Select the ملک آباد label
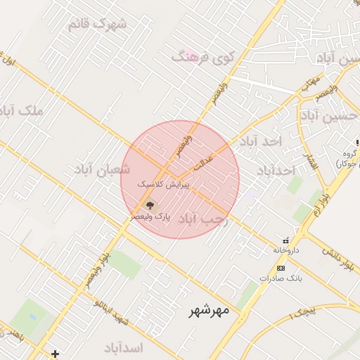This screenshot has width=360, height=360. point(23,111)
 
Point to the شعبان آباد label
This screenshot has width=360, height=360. point(103,169)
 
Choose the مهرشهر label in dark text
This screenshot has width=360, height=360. point(209,310)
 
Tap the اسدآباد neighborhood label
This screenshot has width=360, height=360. point(123,349)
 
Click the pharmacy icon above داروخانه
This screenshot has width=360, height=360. point(285,240)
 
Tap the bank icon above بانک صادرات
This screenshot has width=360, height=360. point(281,269)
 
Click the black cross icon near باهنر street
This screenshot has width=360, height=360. point(56,353)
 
